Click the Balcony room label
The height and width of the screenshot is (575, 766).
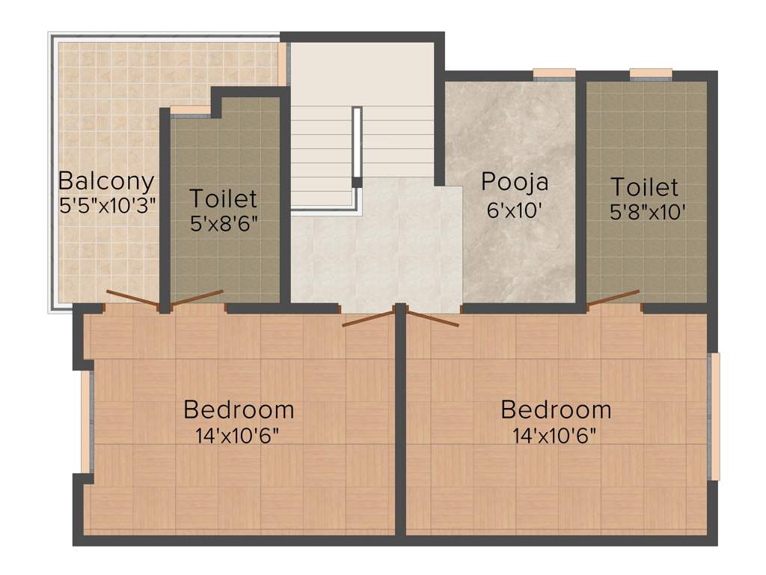(106, 181)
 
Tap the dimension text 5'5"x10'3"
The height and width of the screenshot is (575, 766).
(106, 205)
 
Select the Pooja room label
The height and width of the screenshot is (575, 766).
(515, 182)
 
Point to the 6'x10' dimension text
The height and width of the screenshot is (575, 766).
(514, 210)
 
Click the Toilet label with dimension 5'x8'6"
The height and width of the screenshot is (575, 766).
(223, 199)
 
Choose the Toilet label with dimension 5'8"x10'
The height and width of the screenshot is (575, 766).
(644, 186)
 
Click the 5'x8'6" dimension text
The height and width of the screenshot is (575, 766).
(224, 224)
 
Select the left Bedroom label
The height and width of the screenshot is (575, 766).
(239, 410)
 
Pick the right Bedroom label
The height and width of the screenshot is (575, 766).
(556, 410)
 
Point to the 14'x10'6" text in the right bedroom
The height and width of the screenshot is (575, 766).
(554, 436)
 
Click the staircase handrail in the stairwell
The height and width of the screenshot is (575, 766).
(357, 147)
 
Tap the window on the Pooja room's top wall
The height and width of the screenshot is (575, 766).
(554, 73)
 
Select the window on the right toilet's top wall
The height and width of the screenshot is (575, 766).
(650, 73)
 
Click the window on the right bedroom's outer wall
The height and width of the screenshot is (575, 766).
(714, 416)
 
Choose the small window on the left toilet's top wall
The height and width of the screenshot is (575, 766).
(191, 110)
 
